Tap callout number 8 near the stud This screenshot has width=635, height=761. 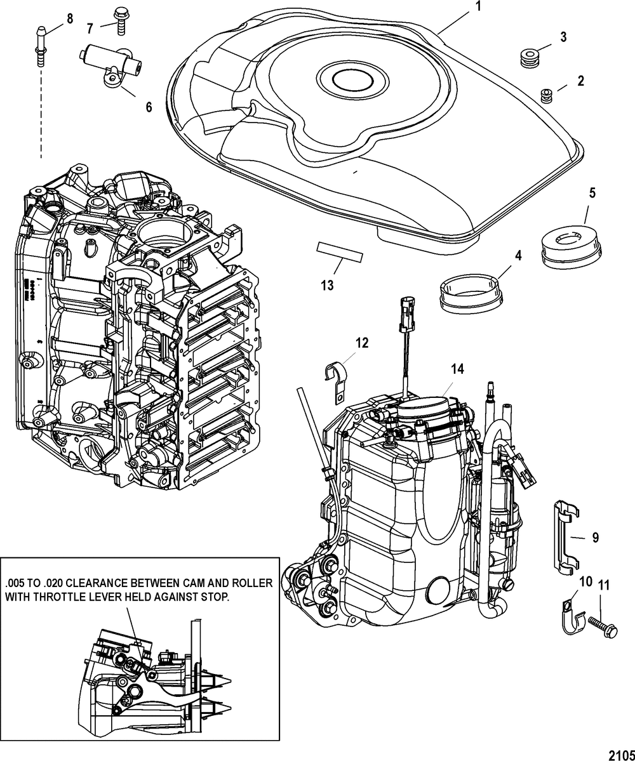click(69, 17)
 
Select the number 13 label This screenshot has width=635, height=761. click(327, 286)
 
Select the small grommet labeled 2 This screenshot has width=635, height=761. click(545, 96)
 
